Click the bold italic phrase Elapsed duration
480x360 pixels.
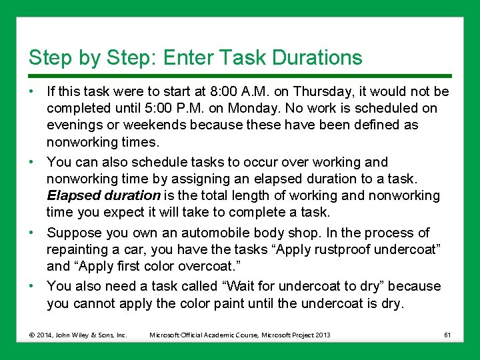pyautogui.click(x=103, y=195)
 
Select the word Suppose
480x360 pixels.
pyautogui.click(x=72, y=233)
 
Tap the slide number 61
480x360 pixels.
pyautogui.click(x=447, y=334)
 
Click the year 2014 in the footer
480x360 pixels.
pyautogui.click(x=44, y=335)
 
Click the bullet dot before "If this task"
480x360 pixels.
pyautogui.click(x=33, y=91)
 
